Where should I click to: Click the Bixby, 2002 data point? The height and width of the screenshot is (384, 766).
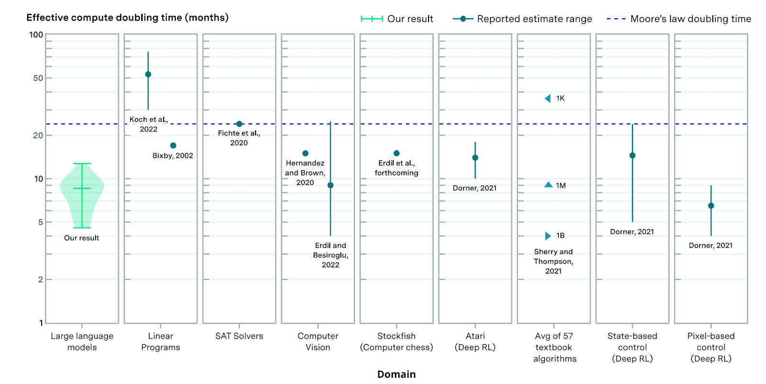[x=173, y=145]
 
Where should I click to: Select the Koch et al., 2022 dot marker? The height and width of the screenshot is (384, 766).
[x=148, y=75]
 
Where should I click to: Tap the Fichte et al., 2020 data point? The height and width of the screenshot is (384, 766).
[x=239, y=124]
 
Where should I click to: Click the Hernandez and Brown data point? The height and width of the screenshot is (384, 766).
[x=305, y=154]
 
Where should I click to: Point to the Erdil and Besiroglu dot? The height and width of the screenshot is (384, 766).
[x=330, y=186]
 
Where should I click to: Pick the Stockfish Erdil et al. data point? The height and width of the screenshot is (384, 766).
[x=396, y=154]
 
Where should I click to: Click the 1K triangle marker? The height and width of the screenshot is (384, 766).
[x=548, y=99]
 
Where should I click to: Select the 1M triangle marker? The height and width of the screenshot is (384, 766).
[x=549, y=185]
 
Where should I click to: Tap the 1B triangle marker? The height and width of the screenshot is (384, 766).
[x=548, y=236]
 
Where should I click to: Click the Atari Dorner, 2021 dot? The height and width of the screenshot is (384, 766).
[x=475, y=158]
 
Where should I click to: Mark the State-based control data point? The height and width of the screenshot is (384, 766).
[x=632, y=155]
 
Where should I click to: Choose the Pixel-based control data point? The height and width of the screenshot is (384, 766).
[x=711, y=206]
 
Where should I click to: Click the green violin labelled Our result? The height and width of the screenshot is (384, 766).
[x=82, y=191]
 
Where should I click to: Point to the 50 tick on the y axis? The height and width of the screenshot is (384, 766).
[x=38, y=78]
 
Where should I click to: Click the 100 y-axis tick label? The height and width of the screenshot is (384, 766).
[x=36, y=34]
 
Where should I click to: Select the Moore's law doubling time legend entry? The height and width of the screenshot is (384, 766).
[x=679, y=19]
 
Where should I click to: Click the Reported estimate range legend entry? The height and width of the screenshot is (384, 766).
[x=522, y=19]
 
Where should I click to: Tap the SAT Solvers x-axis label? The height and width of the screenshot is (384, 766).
[x=239, y=336]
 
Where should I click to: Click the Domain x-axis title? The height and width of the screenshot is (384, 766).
[x=396, y=374]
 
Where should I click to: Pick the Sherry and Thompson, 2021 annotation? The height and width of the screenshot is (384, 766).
[x=553, y=261]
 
